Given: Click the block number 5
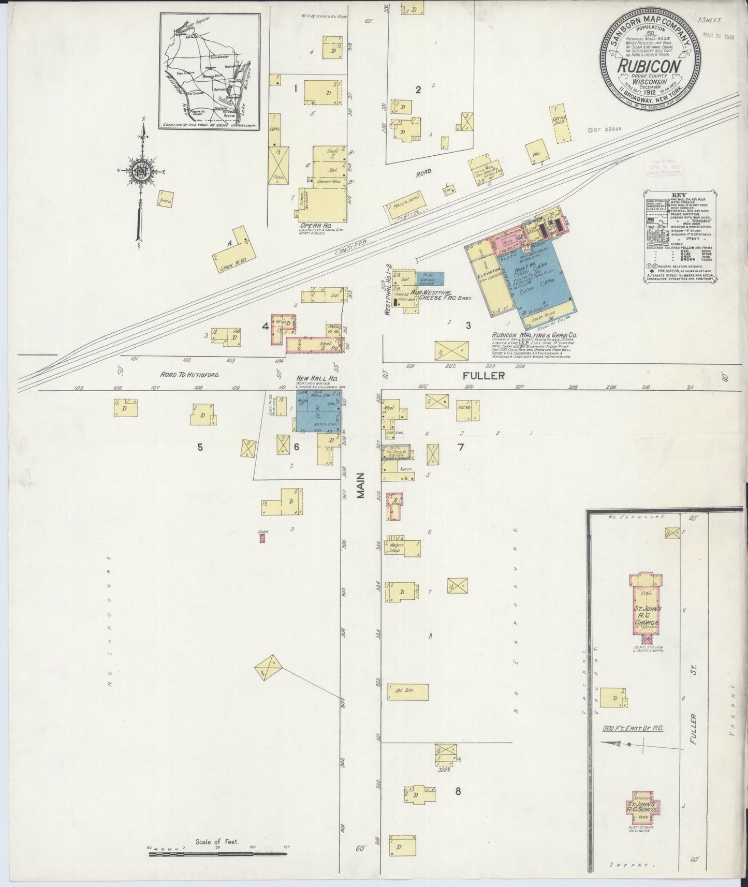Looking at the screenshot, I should pyautogui.click(x=200, y=447).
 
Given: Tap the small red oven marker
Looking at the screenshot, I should pyautogui.click(x=262, y=538).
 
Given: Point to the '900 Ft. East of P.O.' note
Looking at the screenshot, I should pyautogui.click(x=633, y=728).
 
